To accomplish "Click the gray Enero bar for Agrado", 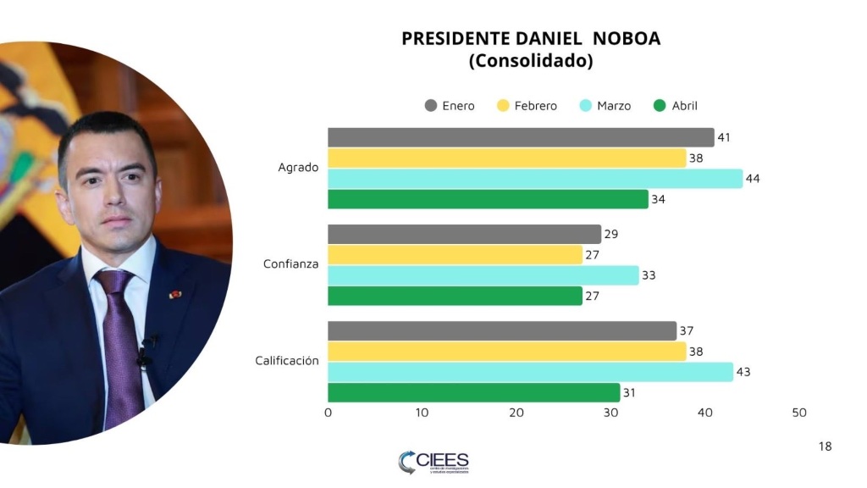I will click(x=521, y=137).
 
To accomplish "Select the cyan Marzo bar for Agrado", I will click(x=535, y=179).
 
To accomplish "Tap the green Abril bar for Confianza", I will click(x=455, y=296).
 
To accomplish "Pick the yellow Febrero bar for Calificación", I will click(x=506, y=352).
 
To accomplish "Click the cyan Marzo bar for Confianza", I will click(x=483, y=275).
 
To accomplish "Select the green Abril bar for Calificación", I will click(x=473, y=392).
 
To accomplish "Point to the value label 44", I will click(x=752, y=179).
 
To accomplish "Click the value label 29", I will click(x=610, y=235).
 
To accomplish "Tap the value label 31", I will click(x=629, y=392).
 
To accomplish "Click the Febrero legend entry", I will click(x=527, y=106).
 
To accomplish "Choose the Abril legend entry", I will click(x=676, y=106).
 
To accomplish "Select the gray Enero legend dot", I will click(x=431, y=106).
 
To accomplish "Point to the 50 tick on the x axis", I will click(x=798, y=413).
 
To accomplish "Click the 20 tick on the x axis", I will click(x=516, y=413).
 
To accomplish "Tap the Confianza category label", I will click(x=290, y=264).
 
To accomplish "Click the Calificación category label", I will click(x=287, y=361).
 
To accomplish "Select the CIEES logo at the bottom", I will click(x=433, y=462).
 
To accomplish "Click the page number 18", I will click(x=826, y=446).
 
